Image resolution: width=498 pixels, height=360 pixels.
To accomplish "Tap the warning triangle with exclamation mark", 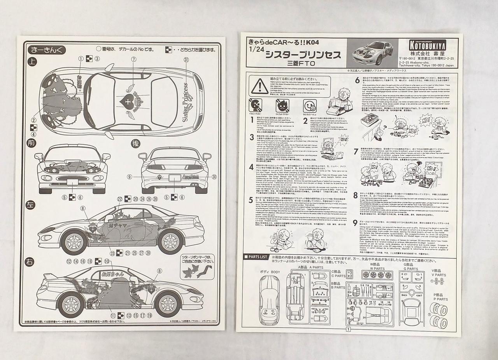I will (x=259, y=86).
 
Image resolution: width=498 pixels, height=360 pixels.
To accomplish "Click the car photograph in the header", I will (x=369, y=53).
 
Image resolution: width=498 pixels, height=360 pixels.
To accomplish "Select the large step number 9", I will (x=355, y=223).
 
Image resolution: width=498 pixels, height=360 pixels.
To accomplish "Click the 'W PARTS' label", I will (x=377, y=269).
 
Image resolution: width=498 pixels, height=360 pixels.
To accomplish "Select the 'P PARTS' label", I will (x=440, y=299).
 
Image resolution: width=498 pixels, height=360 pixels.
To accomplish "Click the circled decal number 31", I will (x=186, y=59).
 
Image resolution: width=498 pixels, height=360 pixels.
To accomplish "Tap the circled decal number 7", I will (x=134, y=59).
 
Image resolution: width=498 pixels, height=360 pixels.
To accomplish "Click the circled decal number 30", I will (x=214, y=177).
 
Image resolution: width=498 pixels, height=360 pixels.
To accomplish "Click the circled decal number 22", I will (x=119, y=199).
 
